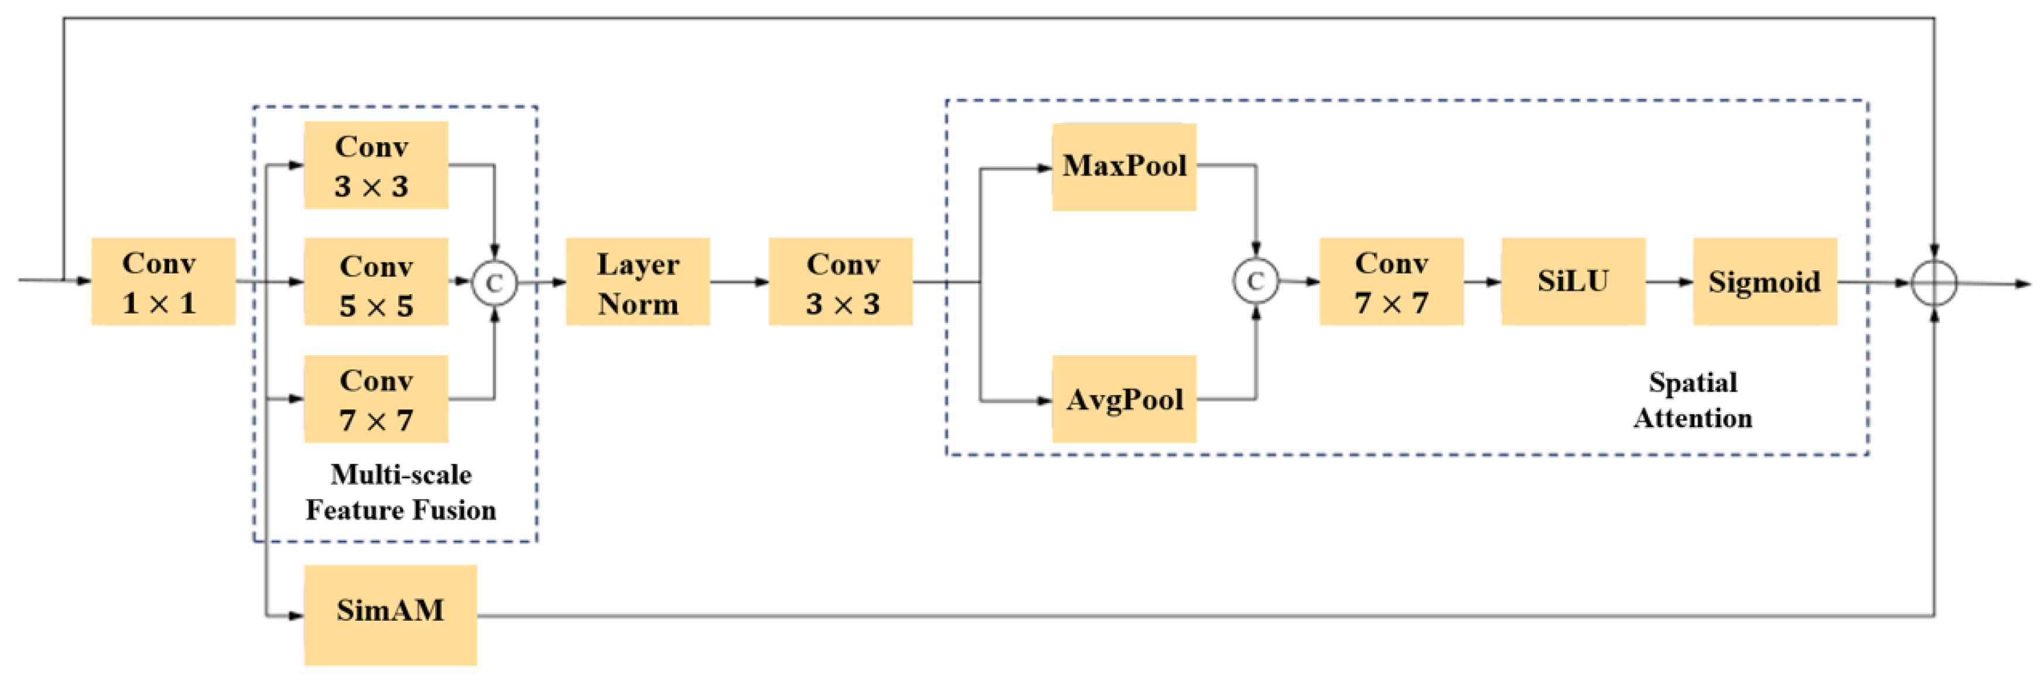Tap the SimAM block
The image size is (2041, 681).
(390, 614)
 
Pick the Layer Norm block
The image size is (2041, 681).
(637, 282)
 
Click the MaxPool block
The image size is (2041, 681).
(1123, 166)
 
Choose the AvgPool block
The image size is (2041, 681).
(1123, 399)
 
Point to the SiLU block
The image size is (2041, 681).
(1572, 282)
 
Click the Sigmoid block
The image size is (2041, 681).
(1765, 282)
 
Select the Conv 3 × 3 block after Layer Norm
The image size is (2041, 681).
(840, 282)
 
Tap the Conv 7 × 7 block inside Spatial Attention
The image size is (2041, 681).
(1390, 282)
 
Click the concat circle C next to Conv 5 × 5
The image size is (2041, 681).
(494, 283)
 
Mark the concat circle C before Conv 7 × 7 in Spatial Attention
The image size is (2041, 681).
(1255, 281)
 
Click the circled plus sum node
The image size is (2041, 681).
(1934, 283)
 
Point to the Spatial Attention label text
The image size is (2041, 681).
(1693, 401)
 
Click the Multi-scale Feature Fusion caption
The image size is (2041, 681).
(401, 493)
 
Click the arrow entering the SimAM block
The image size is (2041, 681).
(285, 615)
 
